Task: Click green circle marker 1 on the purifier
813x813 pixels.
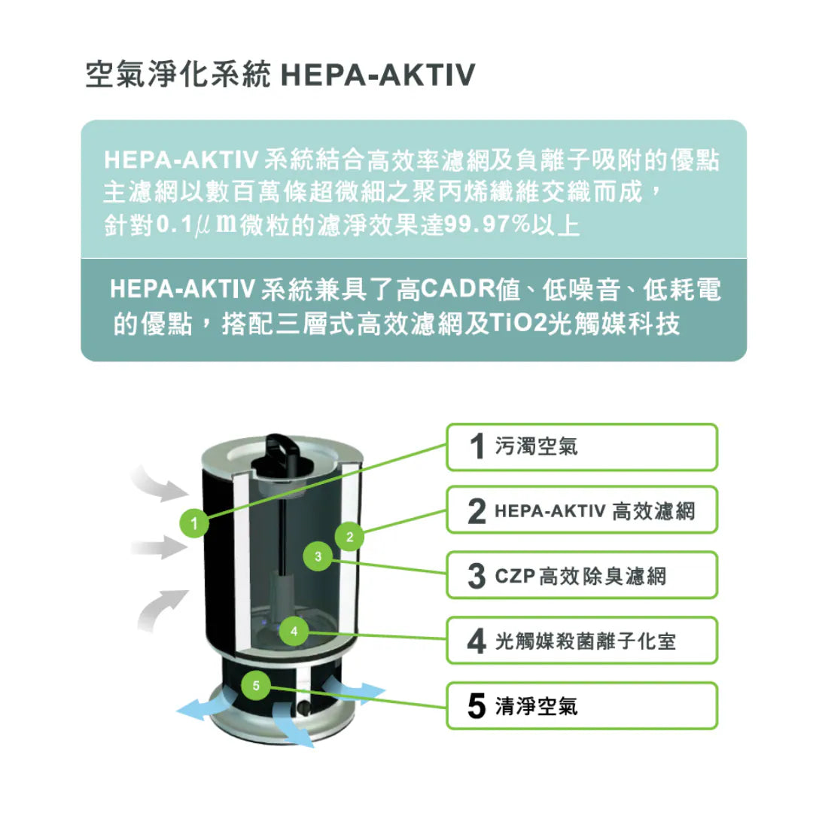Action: click(194, 523)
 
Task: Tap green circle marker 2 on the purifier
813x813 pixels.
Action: click(349, 537)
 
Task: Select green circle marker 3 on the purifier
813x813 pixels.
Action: click(318, 556)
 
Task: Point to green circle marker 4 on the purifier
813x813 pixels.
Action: click(294, 631)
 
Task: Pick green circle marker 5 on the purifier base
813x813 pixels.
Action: click(256, 686)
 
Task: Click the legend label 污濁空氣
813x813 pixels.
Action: click(536, 446)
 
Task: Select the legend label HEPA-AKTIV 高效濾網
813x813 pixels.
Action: click(595, 512)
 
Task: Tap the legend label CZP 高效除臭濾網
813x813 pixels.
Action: click(580, 577)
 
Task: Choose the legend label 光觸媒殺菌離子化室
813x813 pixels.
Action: click(586, 642)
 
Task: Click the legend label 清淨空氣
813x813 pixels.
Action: click(536, 707)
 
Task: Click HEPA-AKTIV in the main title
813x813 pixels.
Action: click(377, 75)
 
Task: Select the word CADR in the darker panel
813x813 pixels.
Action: click(458, 289)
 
